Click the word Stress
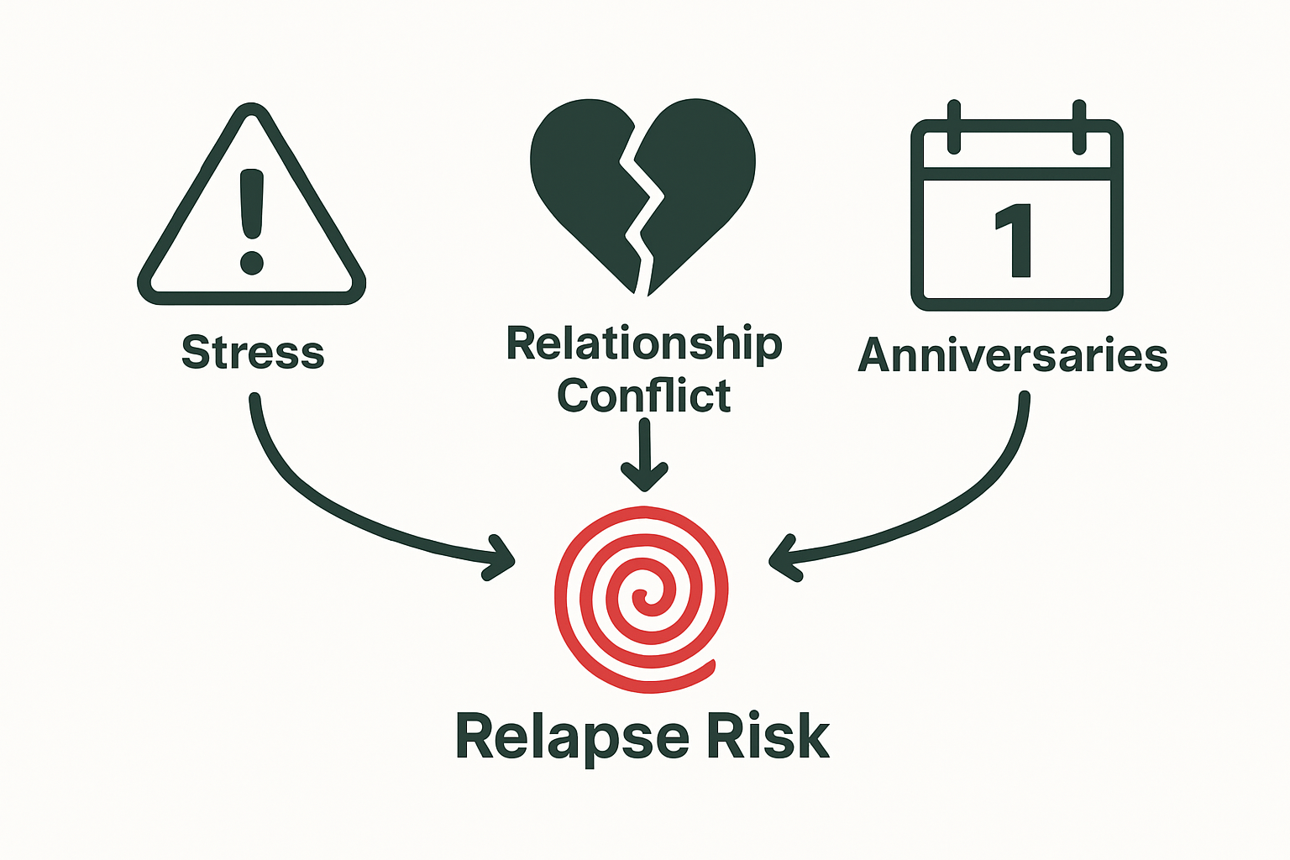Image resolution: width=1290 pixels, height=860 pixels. (x=253, y=352)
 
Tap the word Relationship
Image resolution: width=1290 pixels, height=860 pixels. (x=644, y=343)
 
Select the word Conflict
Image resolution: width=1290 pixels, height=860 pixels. (x=644, y=396)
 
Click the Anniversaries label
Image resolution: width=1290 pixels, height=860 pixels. (x=1013, y=355)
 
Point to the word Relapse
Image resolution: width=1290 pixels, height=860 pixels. (x=572, y=737)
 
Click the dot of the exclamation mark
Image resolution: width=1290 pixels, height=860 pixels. (x=252, y=263)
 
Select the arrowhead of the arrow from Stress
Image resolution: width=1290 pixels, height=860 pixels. (x=502, y=556)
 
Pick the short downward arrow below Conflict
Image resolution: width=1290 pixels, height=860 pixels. (x=644, y=458)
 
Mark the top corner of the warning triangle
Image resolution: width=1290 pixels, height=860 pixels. (x=252, y=111)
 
